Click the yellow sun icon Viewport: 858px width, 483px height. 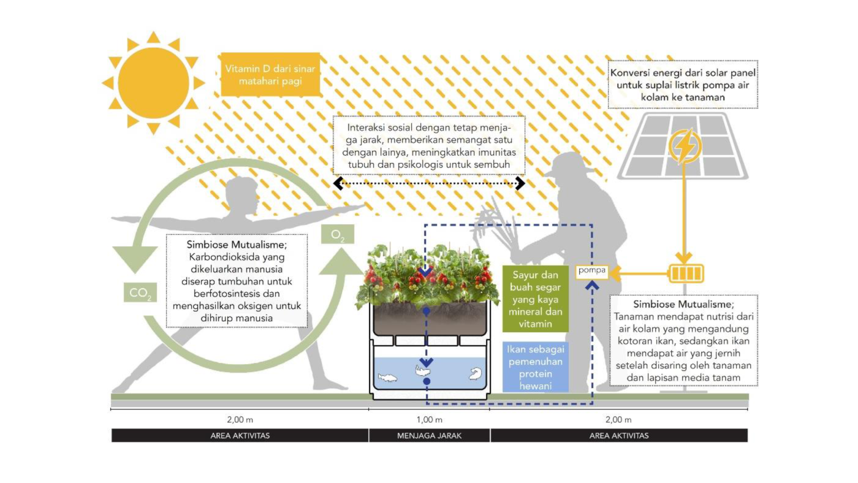pyautogui.click(x=153, y=83)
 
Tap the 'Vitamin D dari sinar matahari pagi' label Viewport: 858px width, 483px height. pyautogui.click(x=270, y=74)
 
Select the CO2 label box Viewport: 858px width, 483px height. pyautogui.click(x=140, y=293)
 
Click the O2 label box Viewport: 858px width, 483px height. pyautogui.click(x=338, y=235)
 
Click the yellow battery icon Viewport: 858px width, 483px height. pyautogui.click(x=686, y=273)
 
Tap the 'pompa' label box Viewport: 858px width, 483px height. pyautogui.click(x=592, y=270)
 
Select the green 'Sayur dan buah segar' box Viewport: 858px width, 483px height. pyautogui.click(x=535, y=299)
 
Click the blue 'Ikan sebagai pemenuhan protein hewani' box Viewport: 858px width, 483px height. pyautogui.click(x=535, y=367)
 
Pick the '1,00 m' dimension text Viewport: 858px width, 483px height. pyautogui.click(x=429, y=420)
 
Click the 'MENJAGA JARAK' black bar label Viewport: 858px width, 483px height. pyautogui.click(x=429, y=436)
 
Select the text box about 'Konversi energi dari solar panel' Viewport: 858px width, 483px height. pyautogui.click(x=683, y=85)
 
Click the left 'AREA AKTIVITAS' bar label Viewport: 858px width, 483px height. pyautogui.click(x=240, y=436)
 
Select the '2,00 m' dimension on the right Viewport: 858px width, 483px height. pyautogui.click(x=618, y=420)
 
